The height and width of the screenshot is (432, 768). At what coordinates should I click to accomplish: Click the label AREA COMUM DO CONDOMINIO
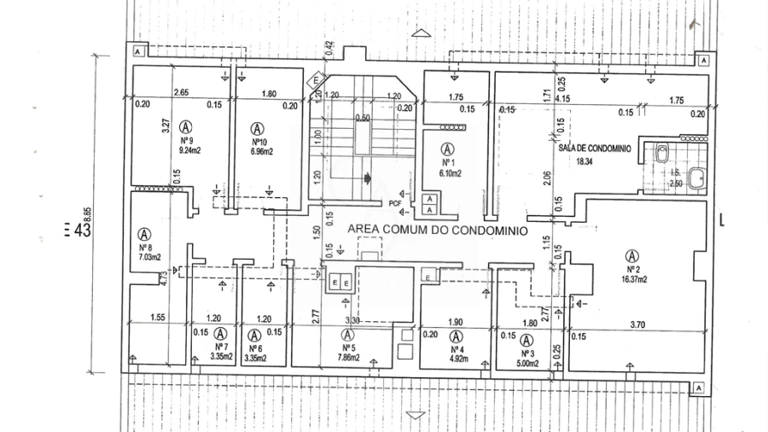tap(436, 231)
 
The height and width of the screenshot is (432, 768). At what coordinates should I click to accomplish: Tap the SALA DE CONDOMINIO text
tap(595, 148)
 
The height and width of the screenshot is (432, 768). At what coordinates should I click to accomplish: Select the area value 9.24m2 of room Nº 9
tap(188, 150)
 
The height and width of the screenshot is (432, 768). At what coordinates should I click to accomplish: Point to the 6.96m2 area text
tap(261, 152)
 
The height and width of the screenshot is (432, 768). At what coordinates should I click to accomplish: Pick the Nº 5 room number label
tap(348, 348)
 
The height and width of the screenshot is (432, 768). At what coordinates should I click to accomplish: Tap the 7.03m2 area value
tap(149, 256)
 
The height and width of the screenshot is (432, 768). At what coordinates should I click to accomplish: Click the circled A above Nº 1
tap(446, 147)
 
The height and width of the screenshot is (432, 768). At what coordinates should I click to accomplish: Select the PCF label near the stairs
tap(394, 203)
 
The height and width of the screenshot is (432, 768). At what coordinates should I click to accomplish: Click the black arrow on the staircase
tap(368, 179)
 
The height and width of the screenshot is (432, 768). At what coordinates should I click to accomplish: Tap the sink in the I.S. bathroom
tap(697, 179)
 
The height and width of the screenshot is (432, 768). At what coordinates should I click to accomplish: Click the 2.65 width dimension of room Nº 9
tap(181, 93)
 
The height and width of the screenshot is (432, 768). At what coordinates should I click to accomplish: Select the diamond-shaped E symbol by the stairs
tap(317, 80)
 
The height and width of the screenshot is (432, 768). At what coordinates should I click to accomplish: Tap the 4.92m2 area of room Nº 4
tap(457, 360)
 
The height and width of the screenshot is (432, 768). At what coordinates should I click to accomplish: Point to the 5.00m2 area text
tap(527, 364)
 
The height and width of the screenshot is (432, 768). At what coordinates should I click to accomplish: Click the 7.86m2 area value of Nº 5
tap(348, 359)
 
